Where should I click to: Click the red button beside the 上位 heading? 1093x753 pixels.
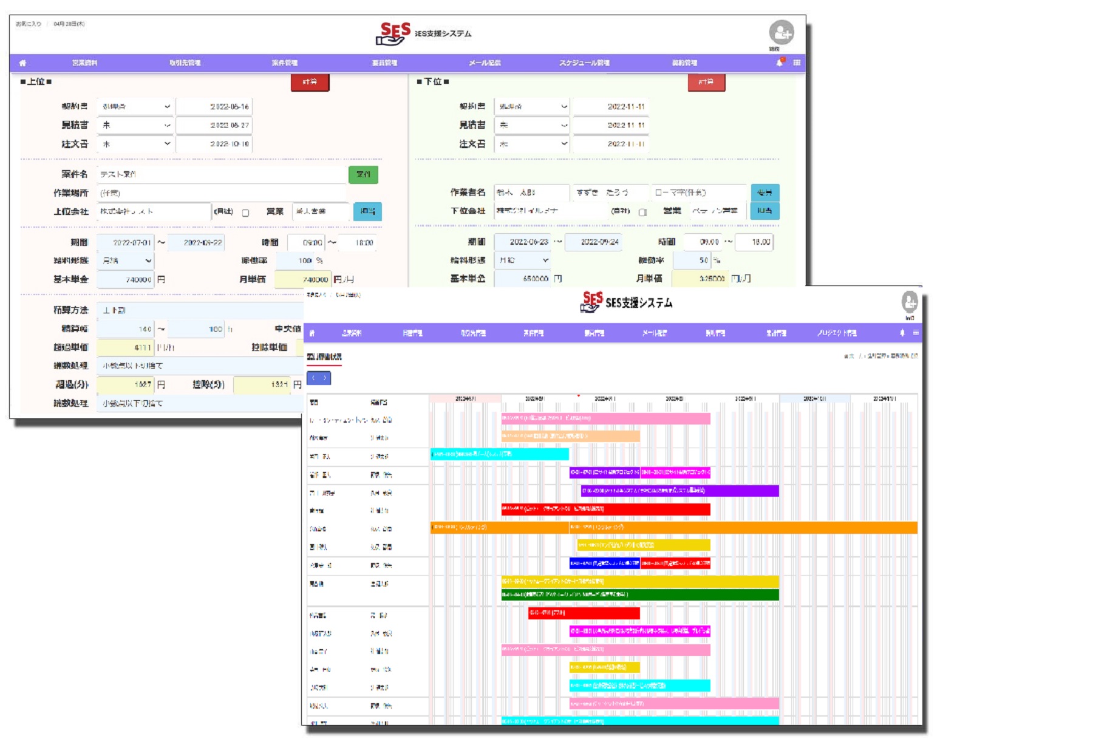click(x=310, y=82)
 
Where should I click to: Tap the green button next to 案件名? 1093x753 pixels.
click(x=363, y=174)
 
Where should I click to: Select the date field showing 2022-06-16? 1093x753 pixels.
click(x=214, y=106)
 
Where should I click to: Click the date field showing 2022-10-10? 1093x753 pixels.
click(x=214, y=144)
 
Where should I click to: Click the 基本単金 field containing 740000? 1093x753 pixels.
click(x=125, y=279)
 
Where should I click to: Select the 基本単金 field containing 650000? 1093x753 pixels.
click(x=522, y=279)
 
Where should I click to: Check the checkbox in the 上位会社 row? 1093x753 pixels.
click(x=246, y=213)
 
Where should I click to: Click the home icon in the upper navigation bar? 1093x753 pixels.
click(x=22, y=63)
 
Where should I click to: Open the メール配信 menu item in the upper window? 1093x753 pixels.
click(x=484, y=63)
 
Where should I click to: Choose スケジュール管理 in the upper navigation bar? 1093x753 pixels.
click(x=584, y=63)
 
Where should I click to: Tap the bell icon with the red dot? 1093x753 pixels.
click(x=780, y=63)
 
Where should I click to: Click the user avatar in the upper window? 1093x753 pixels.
click(x=781, y=33)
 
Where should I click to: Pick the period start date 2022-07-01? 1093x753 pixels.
click(x=126, y=242)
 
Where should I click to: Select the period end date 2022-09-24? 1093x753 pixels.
click(x=599, y=242)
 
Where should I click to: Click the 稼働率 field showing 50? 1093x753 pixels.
click(x=692, y=261)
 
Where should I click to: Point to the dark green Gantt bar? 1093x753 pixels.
click(x=640, y=595)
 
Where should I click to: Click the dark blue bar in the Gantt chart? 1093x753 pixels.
click(x=604, y=564)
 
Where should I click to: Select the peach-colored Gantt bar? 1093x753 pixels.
click(x=570, y=436)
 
